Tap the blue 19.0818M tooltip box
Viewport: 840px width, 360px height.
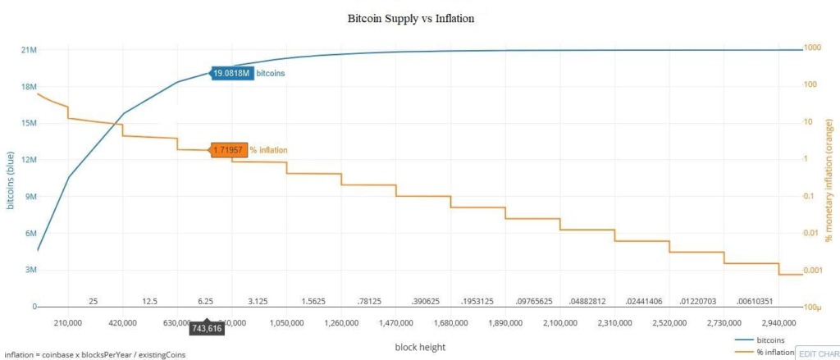(231, 73)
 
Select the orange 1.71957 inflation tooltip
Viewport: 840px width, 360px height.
(229, 149)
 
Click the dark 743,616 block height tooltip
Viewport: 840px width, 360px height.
(207, 329)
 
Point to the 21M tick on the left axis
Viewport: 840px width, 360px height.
(28, 50)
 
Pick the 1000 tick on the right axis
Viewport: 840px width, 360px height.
(814, 48)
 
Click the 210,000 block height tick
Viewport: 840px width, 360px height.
(68, 323)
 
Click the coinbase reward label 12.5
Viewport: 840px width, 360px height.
(149, 302)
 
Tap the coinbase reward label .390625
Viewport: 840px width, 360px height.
(423, 302)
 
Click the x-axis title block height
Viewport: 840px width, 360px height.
(420, 347)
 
